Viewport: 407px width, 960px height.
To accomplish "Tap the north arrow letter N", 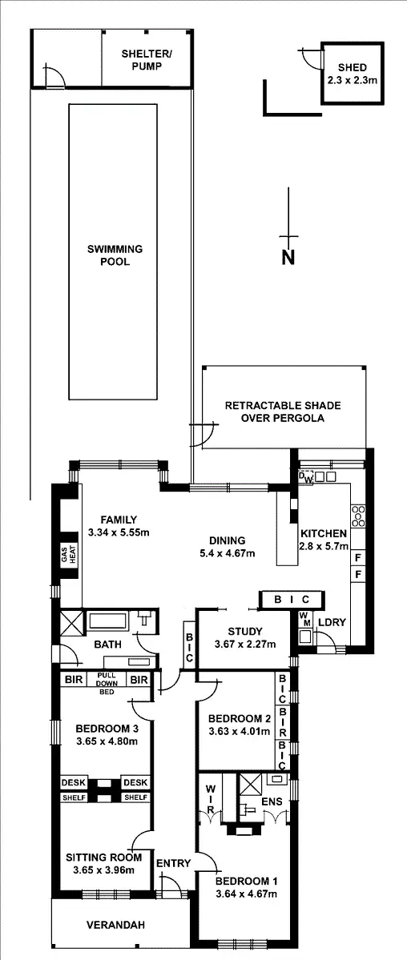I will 288,257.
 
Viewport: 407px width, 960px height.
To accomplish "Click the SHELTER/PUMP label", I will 146,60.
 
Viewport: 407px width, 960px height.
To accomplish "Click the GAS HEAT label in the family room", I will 66,556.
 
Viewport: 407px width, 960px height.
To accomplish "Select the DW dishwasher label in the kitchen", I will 306,478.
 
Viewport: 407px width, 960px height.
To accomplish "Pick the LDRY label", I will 332,622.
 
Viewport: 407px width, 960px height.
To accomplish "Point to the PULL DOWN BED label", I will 107,683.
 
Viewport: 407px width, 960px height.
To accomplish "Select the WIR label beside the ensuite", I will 211,798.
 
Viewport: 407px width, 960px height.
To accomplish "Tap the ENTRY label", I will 173,862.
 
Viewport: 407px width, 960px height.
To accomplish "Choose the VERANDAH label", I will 116,926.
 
